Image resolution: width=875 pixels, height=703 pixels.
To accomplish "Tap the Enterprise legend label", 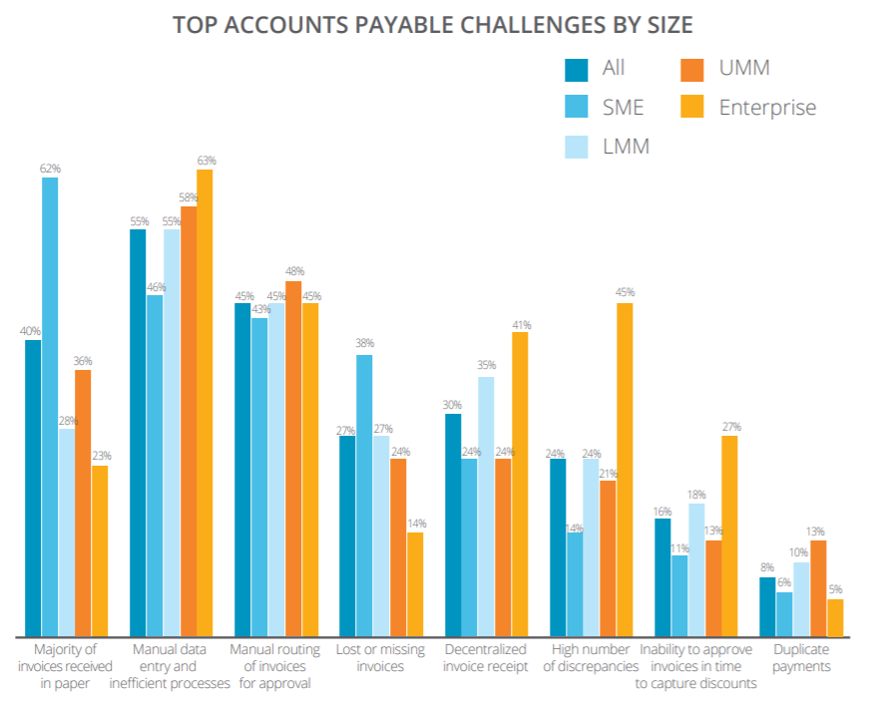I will click(x=767, y=107).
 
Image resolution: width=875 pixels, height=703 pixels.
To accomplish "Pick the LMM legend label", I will click(x=626, y=147).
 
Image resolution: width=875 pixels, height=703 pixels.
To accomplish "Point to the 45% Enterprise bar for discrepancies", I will click(x=625, y=470).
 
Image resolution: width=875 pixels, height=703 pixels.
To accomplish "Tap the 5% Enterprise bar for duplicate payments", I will click(x=835, y=617).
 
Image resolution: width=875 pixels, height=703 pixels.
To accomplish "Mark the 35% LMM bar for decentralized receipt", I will click(x=486, y=507).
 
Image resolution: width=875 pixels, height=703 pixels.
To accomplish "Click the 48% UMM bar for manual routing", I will click(x=293, y=459).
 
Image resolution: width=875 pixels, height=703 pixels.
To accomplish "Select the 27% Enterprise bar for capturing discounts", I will click(x=730, y=536).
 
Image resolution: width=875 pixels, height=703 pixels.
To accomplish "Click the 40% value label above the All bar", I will click(x=31, y=331).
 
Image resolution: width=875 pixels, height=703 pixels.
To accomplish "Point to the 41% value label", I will click(x=521, y=324).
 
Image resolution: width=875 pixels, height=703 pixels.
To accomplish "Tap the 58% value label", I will click(x=189, y=197).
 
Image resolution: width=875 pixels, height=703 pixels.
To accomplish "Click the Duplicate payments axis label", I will click(x=801, y=658).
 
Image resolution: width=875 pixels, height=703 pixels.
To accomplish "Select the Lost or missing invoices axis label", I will click(x=380, y=658).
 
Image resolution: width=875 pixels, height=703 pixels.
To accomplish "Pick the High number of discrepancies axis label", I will click(x=592, y=658).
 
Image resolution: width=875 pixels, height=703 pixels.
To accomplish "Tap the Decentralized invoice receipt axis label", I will click(x=486, y=658).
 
